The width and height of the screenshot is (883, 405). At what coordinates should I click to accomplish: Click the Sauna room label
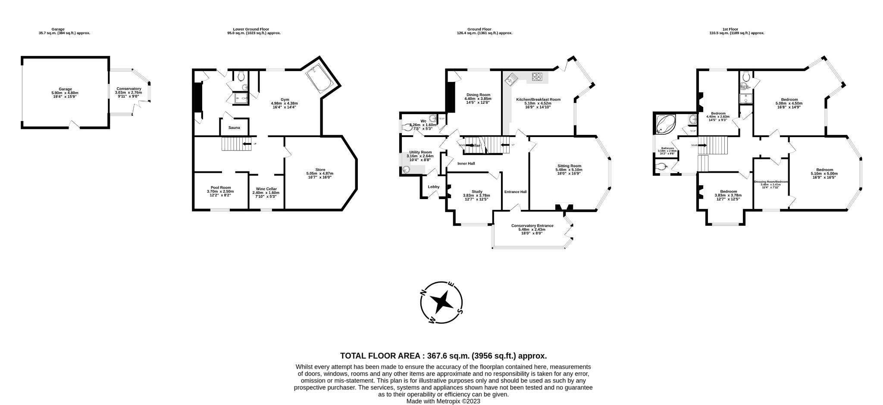click(x=234, y=128)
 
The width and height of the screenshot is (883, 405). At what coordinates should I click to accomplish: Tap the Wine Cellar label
click(x=266, y=189)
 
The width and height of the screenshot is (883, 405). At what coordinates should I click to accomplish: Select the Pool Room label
click(x=220, y=187)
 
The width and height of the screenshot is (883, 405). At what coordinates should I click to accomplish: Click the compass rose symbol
click(x=442, y=302)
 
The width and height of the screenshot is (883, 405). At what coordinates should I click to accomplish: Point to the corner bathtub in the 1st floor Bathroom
click(x=666, y=125)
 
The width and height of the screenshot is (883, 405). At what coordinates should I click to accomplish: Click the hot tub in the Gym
click(x=320, y=79)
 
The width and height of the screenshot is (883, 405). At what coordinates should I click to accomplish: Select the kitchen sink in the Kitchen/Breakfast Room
click(x=513, y=78)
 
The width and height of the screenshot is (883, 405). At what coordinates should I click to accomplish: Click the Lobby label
click(x=433, y=187)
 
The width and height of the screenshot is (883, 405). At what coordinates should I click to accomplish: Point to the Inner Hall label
click(x=466, y=164)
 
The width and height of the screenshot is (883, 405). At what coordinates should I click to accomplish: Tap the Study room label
click(x=476, y=192)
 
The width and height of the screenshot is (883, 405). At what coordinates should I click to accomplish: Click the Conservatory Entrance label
click(x=532, y=226)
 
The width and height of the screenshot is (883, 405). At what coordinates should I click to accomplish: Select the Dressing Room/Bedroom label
click(x=770, y=182)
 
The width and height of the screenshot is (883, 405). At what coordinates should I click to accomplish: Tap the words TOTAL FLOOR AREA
click(x=380, y=356)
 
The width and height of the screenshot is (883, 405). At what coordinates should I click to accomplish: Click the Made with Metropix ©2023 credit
click(x=443, y=401)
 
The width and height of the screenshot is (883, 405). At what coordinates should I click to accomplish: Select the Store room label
click(x=320, y=170)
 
